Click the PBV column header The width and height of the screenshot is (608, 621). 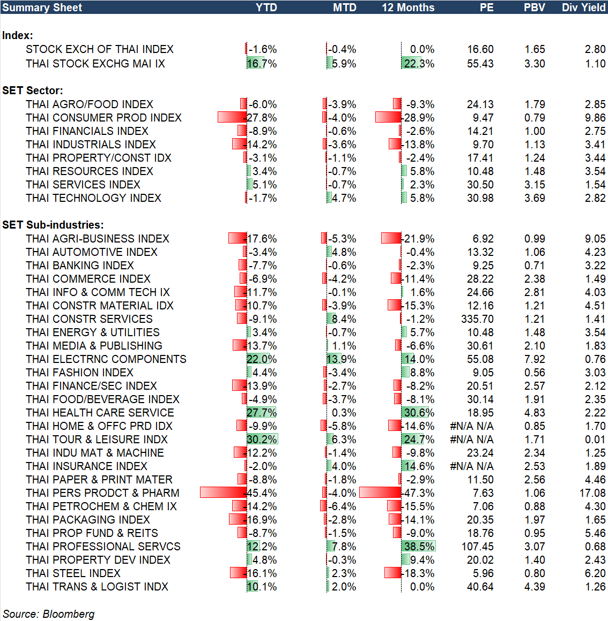534,7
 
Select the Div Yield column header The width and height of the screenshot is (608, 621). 583,7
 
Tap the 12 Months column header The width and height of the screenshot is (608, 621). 408,7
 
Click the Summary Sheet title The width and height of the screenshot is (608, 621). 42,7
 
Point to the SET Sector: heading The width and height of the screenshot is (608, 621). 33,90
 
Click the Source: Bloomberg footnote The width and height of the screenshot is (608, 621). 49,614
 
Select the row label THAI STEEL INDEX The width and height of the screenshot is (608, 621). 73,573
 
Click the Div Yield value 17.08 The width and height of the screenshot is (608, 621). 592,493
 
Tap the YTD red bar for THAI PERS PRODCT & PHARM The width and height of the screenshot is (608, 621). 223,493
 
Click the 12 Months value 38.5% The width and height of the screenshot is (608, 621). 419,547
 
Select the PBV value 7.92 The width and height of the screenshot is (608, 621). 535,359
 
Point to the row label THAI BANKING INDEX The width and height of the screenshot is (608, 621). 80,266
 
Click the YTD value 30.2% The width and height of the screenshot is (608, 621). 262,440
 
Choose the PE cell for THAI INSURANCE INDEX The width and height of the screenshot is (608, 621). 472,466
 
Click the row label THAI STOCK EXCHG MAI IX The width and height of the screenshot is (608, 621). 95,64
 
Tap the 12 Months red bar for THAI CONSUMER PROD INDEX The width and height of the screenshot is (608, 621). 388,117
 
